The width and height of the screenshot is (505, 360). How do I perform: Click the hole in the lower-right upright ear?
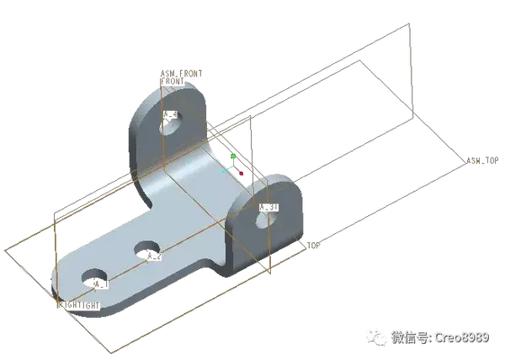(263, 218)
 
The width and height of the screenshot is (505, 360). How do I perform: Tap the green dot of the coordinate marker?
(232, 156)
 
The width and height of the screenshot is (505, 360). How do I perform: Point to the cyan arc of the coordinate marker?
(226, 167)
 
